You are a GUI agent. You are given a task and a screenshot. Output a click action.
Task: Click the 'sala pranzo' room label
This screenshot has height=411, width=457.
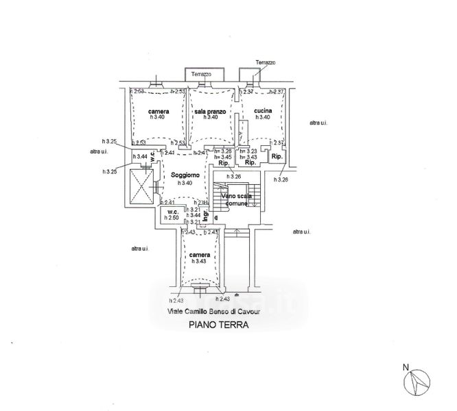pos(210,111)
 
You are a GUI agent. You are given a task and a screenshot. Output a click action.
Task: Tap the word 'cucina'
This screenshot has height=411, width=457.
pos(263,111)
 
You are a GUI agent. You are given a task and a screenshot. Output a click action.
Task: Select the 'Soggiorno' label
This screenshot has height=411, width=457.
pos(185,175)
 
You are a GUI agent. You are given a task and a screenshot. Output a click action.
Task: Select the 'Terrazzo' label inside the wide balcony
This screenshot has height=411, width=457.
pos(201,73)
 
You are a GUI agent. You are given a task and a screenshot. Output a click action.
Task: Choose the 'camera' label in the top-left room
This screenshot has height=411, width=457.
pos(159,111)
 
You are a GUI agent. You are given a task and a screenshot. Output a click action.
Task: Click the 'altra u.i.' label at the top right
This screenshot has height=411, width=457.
pos(318,123)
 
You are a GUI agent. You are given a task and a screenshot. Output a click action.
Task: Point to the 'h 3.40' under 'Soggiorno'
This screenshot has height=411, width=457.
pos(185,183)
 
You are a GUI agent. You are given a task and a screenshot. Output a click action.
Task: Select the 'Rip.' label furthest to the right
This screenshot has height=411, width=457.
pos(277,157)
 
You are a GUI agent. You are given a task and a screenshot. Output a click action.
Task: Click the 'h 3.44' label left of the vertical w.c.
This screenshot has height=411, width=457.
pos(142,157)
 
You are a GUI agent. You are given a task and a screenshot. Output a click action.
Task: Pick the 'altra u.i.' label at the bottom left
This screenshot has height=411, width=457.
pos(140,248)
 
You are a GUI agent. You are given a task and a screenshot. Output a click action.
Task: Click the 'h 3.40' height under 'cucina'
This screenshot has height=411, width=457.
pos(263,118)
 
